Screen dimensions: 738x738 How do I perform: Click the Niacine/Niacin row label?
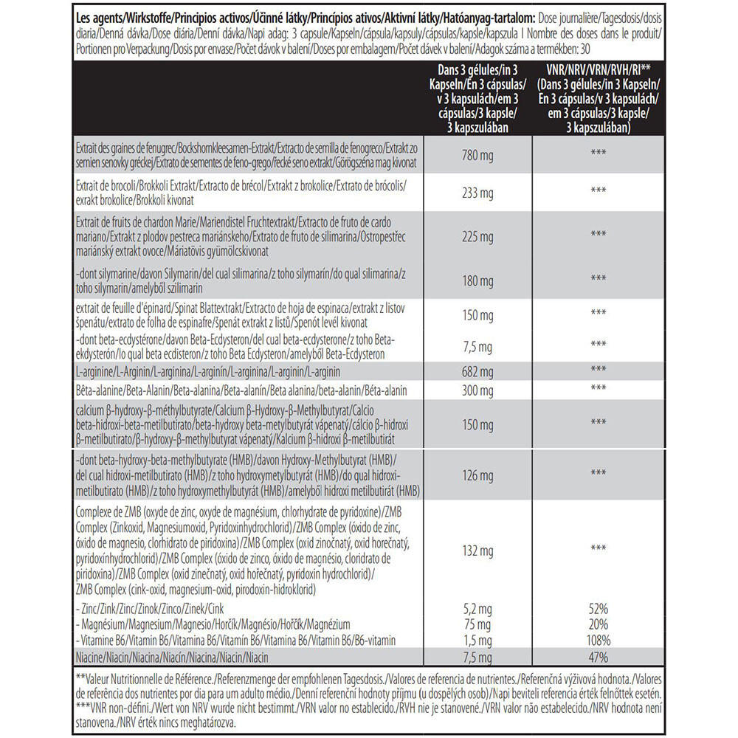pos(173,657)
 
